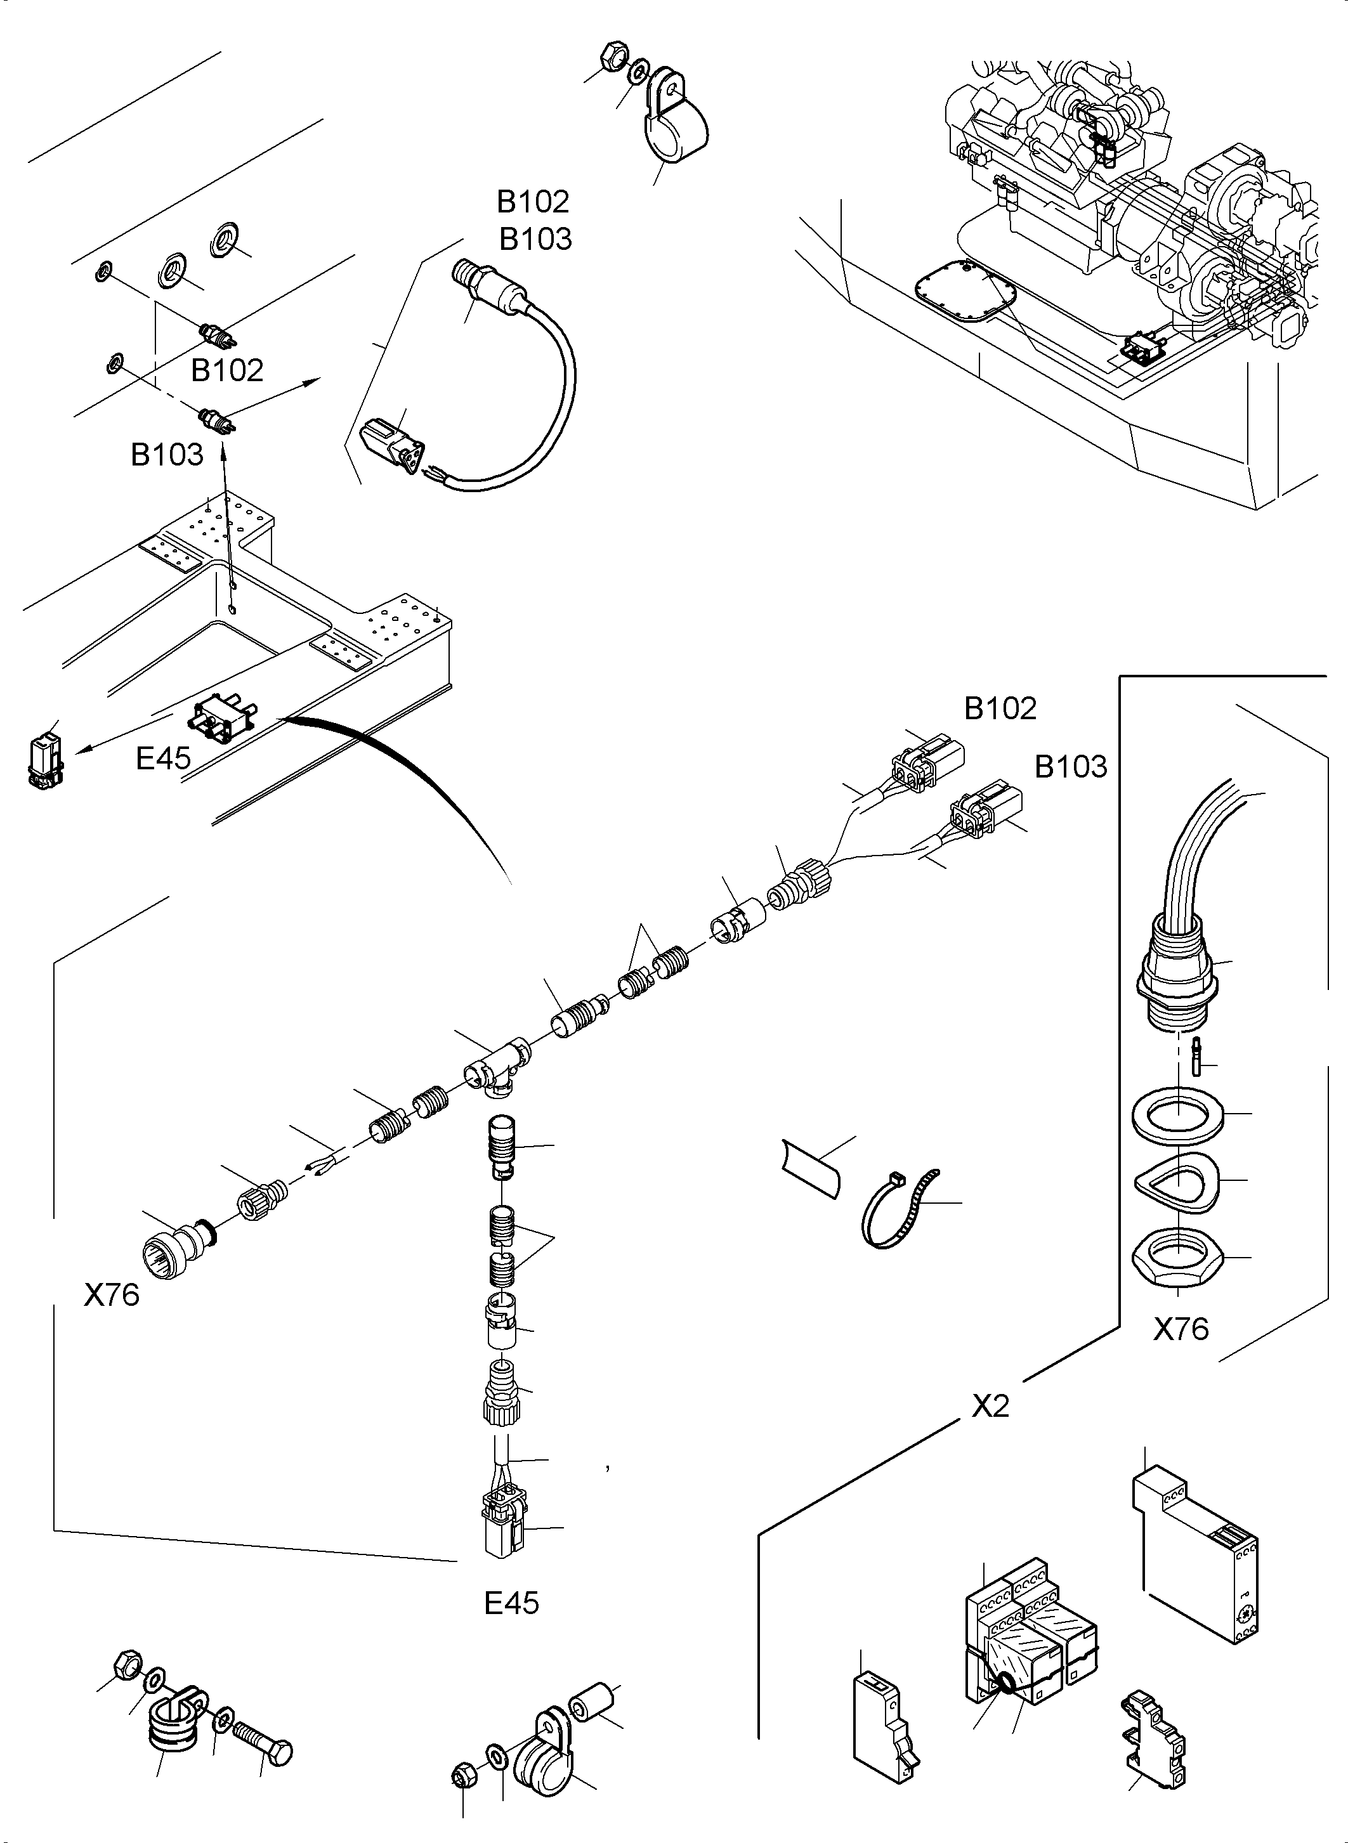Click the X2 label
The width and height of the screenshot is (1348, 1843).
(991, 1405)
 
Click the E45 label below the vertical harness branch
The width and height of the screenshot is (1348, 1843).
(512, 1603)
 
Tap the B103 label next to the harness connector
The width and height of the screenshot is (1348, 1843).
(1071, 767)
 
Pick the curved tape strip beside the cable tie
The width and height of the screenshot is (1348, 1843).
(810, 1168)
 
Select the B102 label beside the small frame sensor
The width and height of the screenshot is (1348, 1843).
(227, 370)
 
